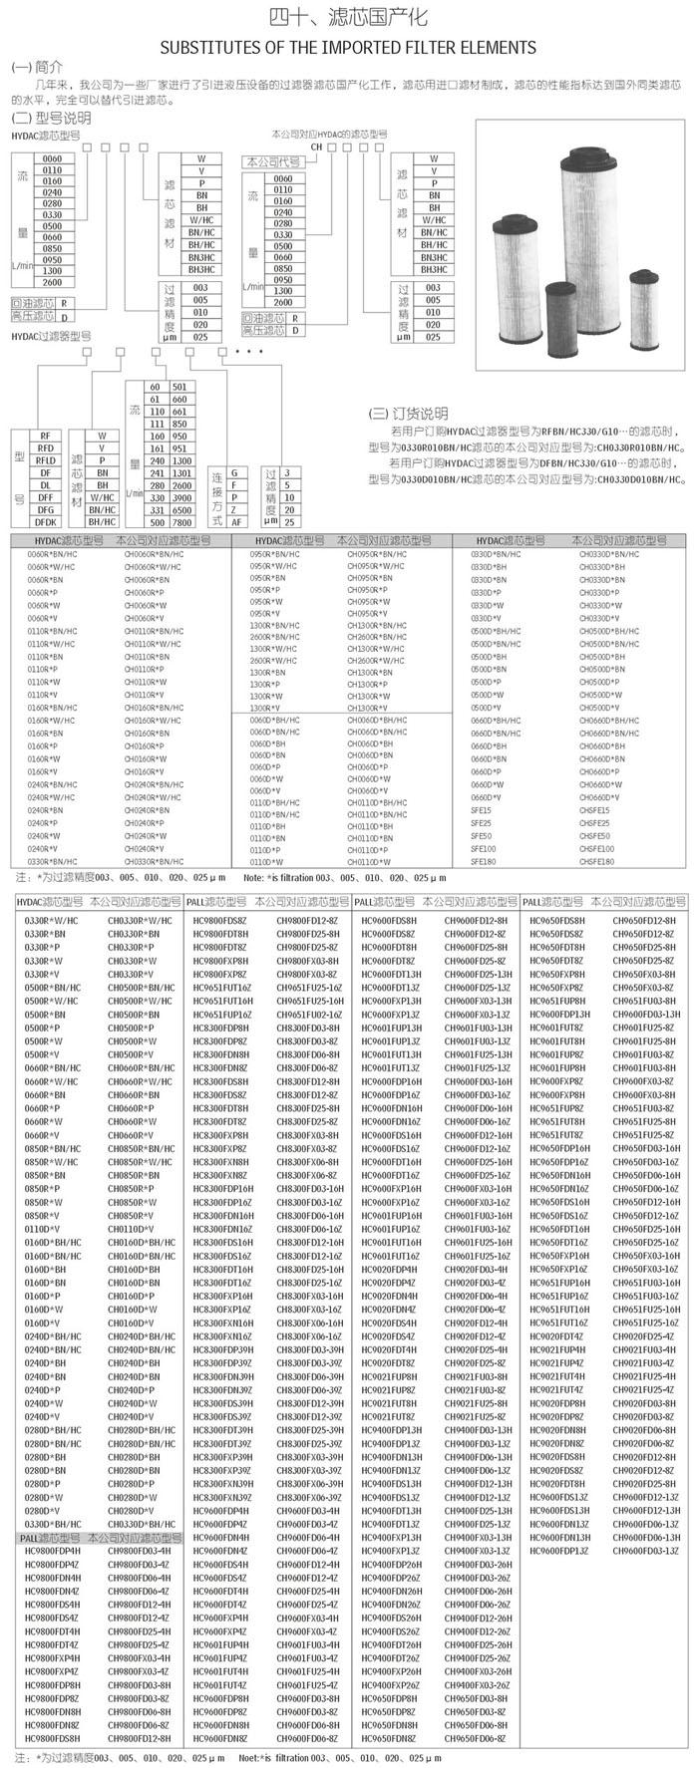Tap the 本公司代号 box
tap(269, 161)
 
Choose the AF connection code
tap(234, 520)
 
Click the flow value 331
tap(155, 509)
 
